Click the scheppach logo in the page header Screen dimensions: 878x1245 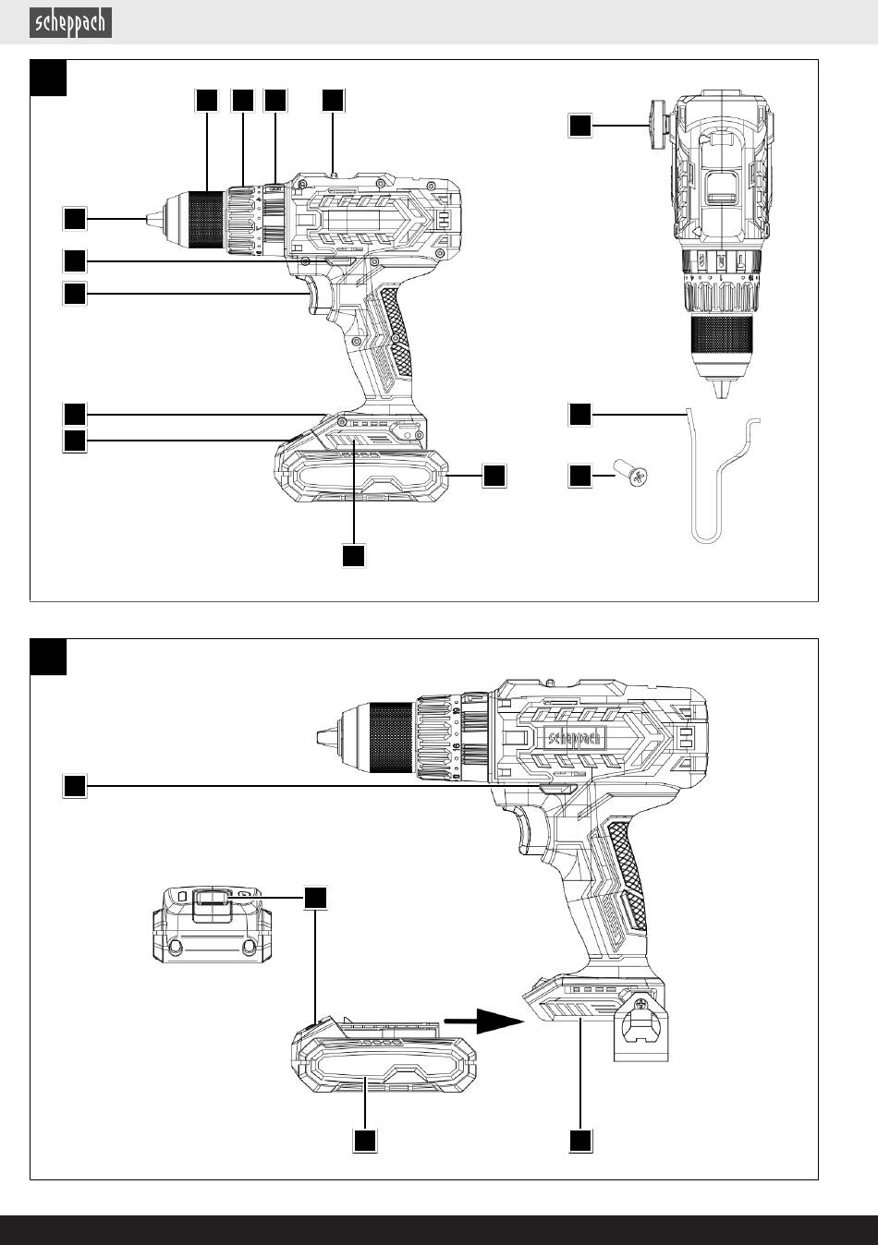pyautogui.click(x=70, y=23)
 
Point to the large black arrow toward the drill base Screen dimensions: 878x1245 pyautogui.click(x=483, y=1021)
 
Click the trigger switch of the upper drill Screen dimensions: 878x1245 pyautogui.click(x=315, y=294)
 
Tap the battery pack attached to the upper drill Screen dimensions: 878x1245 pyautogui.click(x=361, y=458)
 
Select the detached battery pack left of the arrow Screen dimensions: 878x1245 pyautogui.click(x=384, y=1054)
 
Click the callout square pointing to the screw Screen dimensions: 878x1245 pyautogui.click(x=580, y=477)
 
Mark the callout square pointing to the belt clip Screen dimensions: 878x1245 pyautogui.click(x=580, y=415)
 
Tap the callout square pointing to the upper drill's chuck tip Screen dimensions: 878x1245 pyautogui.click(x=75, y=219)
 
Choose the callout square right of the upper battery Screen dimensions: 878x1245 pyautogui.click(x=494, y=476)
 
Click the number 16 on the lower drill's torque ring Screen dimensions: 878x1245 pyautogui.click(x=456, y=749)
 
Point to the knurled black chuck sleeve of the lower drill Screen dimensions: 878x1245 pyautogui.click(x=391, y=737)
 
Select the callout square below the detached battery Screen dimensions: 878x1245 pyautogui.click(x=365, y=1141)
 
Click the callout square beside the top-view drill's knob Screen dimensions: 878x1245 pyautogui.click(x=580, y=126)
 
